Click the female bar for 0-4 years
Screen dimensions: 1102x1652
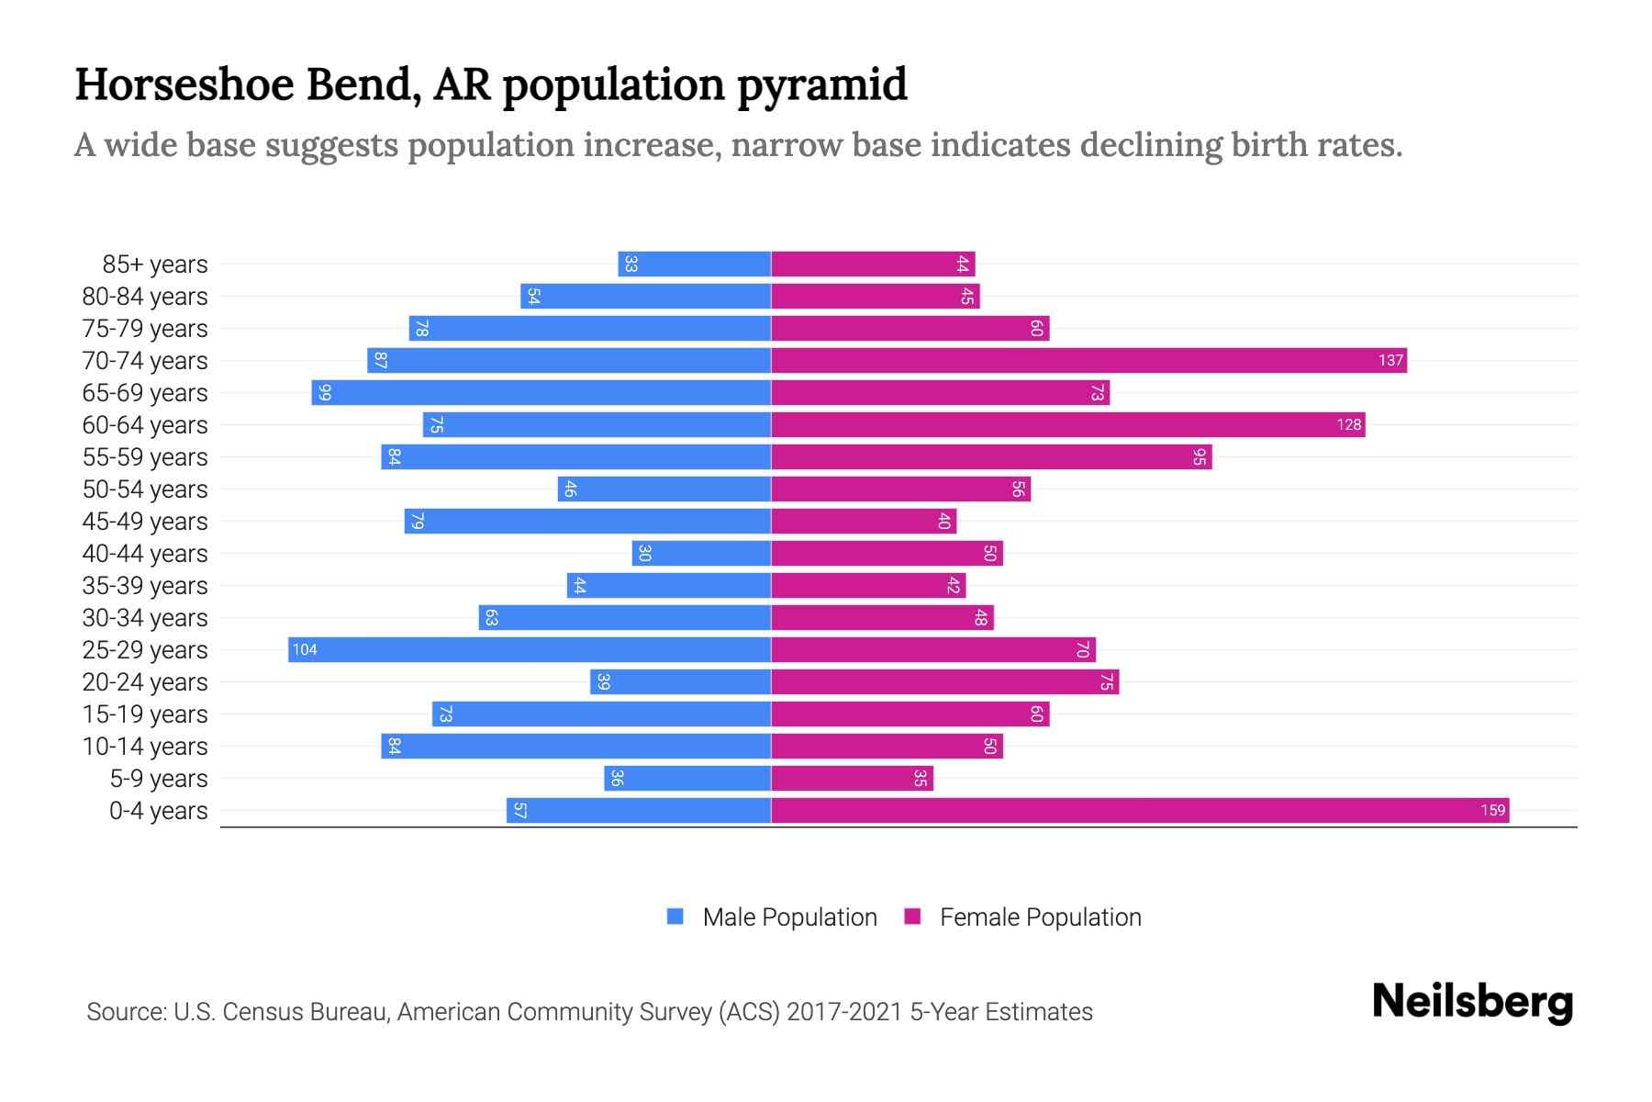(x=1140, y=810)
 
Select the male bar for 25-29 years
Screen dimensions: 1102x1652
(x=530, y=649)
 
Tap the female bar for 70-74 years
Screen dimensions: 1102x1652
(x=1088, y=360)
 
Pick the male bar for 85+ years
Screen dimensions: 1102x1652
(x=695, y=264)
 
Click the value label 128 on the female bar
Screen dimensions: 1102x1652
(x=1348, y=424)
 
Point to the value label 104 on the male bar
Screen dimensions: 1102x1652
(x=305, y=649)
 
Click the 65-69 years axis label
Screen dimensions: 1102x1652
(x=145, y=393)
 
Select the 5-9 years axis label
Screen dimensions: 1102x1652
(x=158, y=779)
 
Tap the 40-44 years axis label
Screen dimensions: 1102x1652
(x=145, y=554)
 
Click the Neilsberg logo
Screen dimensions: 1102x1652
(x=1472, y=1002)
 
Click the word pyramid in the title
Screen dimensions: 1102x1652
(x=822, y=85)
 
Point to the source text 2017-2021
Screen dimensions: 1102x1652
(x=844, y=1012)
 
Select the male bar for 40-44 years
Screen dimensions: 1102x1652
(x=701, y=553)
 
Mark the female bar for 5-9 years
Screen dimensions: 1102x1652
(x=852, y=778)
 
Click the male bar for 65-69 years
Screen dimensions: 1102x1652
(x=541, y=392)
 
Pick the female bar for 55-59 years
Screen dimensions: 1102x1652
(x=991, y=456)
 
